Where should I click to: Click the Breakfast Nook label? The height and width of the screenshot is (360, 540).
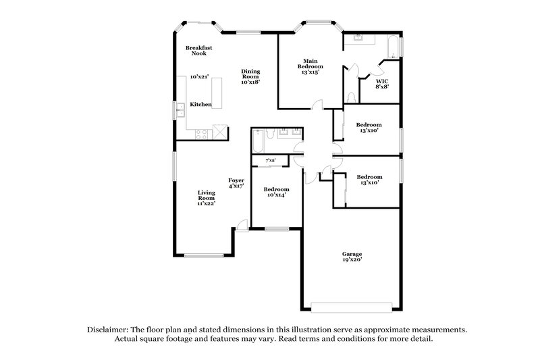(x=199, y=49)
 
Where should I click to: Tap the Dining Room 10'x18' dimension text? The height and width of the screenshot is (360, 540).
(x=251, y=82)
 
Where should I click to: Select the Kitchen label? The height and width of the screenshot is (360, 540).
(x=200, y=105)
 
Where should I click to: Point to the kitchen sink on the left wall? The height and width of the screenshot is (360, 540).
(x=180, y=110)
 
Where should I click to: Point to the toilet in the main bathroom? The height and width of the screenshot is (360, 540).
(x=349, y=97)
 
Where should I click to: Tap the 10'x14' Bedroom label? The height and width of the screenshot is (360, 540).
(x=276, y=192)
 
